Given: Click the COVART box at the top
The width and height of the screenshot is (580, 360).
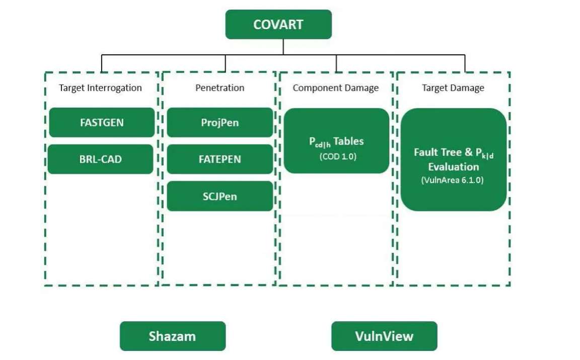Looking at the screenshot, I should click(278, 24).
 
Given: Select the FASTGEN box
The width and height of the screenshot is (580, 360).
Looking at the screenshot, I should click(102, 122).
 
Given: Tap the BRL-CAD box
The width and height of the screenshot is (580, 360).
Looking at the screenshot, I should click(101, 159).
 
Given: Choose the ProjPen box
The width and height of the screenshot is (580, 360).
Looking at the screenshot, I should click(220, 122).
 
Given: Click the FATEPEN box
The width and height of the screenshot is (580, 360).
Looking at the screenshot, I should click(220, 159).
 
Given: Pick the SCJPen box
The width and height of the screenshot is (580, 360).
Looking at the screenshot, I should click(220, 196).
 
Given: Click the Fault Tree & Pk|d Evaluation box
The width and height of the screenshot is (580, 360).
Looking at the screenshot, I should click(453, 159).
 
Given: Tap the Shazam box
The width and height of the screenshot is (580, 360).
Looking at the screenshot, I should click(172, 336).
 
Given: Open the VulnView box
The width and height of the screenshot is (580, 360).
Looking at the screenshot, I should click(384, 336).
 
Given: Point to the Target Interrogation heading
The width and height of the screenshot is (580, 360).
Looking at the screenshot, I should click(101, 88).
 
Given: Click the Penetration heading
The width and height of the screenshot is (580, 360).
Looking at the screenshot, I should click(220, 88).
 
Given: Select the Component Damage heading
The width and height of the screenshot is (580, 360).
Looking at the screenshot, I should click(336, 88).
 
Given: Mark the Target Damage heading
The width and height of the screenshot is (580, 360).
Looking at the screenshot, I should click(453, 88).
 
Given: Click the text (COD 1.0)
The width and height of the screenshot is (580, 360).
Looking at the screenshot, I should click(338, 157).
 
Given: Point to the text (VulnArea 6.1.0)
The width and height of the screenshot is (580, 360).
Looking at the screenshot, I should click(453, 180).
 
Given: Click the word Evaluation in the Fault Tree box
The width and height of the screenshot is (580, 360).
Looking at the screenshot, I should click(454, 167).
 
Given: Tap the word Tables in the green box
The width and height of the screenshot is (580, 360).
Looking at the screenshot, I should click(348, 141).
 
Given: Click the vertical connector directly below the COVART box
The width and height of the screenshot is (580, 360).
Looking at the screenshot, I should click(283, 46).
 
